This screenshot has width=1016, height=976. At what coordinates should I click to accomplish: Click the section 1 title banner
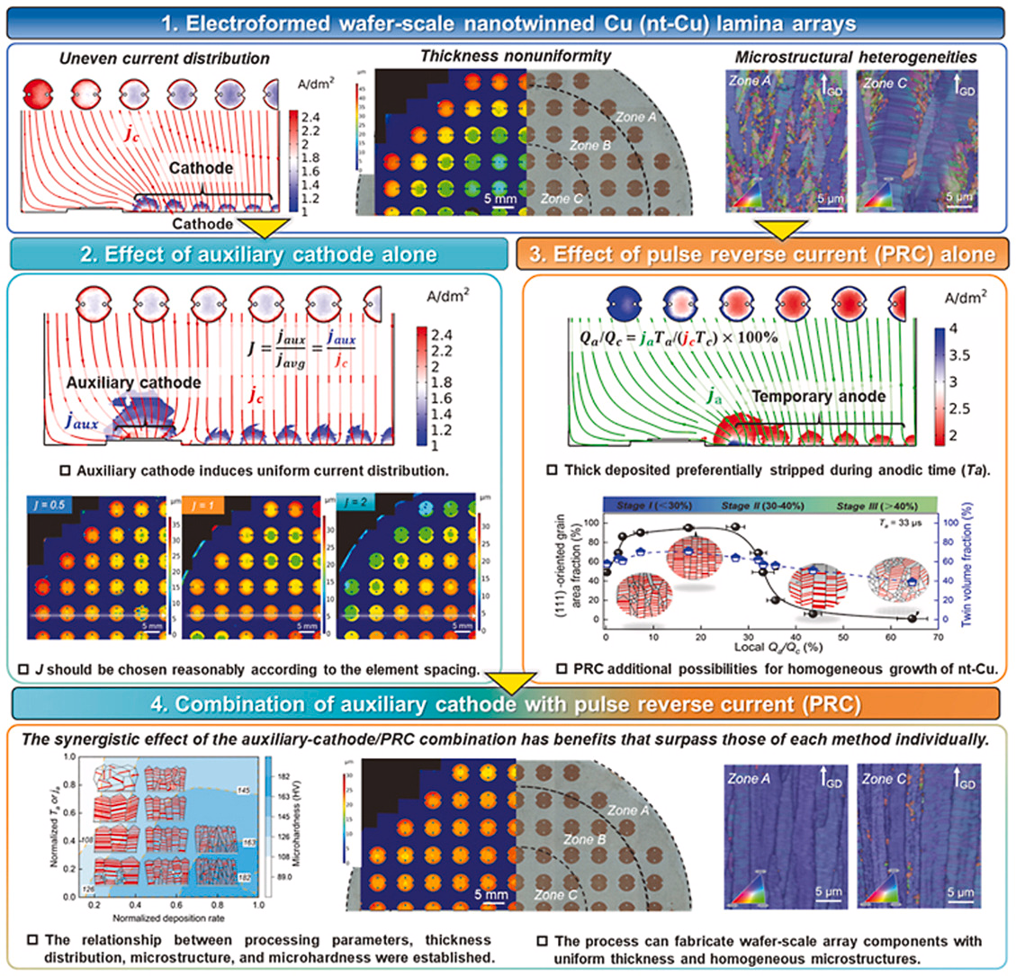[508, 21]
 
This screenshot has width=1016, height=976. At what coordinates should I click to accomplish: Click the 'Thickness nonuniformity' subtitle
[516, 56]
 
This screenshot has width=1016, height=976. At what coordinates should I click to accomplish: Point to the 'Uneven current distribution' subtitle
[165, 58]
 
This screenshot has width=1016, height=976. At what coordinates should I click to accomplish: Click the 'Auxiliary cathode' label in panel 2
[133, 382]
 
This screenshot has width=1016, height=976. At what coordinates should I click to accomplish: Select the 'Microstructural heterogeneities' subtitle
[856, 57]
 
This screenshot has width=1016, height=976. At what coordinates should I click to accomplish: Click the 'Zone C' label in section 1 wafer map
[562, 198]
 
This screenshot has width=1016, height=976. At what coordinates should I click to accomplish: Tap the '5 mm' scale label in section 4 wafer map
[491, 895]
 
